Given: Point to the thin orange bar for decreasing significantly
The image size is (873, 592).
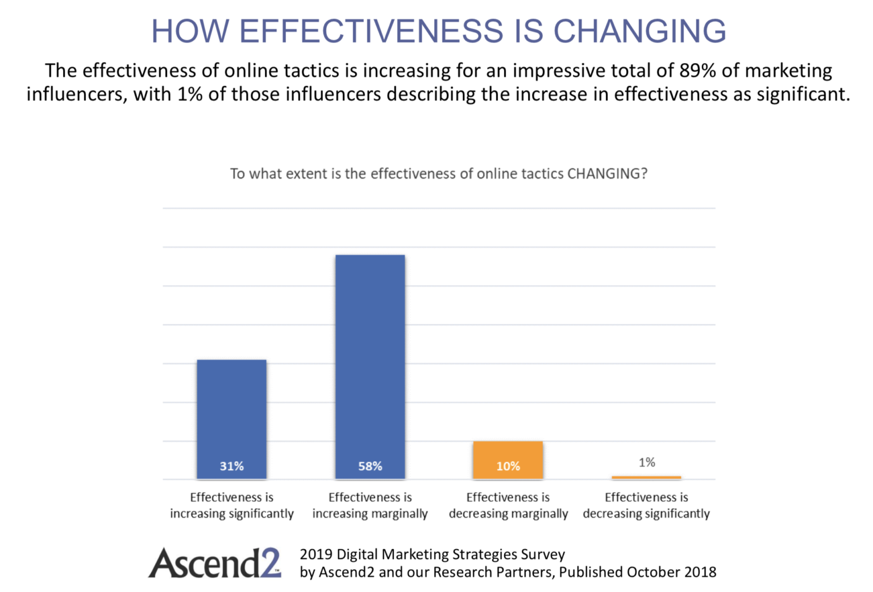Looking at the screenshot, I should click(646, 477).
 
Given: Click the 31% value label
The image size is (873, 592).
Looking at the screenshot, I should click(231, 466).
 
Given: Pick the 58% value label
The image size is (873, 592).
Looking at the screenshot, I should click(370, 466).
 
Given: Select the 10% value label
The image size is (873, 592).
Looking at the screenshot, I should click(508, 466).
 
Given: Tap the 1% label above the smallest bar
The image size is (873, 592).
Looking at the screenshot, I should click(647, 462).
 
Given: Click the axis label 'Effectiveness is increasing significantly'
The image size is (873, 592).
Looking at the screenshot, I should click(231, 505).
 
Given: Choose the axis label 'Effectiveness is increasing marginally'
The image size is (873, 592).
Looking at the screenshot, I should click(370, 505).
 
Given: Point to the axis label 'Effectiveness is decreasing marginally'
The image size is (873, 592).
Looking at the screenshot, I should click(508, 505).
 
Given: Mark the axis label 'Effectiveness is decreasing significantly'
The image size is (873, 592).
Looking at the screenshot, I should click(646, 505).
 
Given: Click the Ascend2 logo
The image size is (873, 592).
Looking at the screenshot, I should click(215, 563).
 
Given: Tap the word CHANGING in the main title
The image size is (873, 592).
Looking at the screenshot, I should click(639, 31).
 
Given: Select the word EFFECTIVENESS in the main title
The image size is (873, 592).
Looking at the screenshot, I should click(371, 31).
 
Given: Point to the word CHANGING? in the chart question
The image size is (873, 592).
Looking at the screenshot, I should click(607, 174).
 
